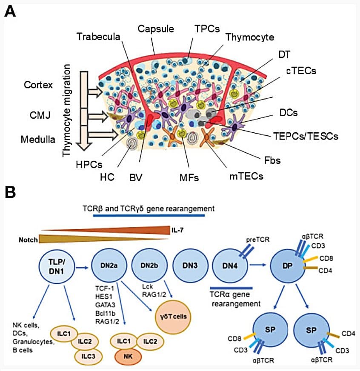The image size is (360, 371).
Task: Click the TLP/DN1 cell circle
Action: click(x=57, y=266)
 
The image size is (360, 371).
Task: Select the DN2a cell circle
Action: click(x=109, y=266)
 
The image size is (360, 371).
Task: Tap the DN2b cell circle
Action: click(x=149, y=266)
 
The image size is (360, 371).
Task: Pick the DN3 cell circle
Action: click(x=190, y=266)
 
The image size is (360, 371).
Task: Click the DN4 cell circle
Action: click(x=230, y=266)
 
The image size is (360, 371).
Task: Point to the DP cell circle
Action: click(x=288, y=266)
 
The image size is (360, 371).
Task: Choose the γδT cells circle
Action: click(x=173, y=317)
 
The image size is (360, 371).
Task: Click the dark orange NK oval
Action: click(x=128, y=357)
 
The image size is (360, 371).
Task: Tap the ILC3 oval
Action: click(x=88, y=357)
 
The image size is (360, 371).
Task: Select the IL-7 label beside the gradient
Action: click(x=177, y=230)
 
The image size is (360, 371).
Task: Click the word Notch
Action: click(x=28, y=240)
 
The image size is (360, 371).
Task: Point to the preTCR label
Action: click(x=258, y=240)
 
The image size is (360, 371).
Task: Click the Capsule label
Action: click(x=156, y=29)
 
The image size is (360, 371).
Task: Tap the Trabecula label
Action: click(x=98, y=37)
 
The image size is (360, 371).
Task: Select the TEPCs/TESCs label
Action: click(x=306, y=136)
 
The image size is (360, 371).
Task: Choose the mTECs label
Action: click(x=246, y=176)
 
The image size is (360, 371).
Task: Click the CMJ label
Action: click(x=40, y=115)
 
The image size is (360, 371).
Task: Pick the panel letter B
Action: click(x=10, y=192)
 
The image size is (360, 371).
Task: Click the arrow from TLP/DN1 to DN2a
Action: click(x=82, y=268)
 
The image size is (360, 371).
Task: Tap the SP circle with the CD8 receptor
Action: click(x=270, y=330)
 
